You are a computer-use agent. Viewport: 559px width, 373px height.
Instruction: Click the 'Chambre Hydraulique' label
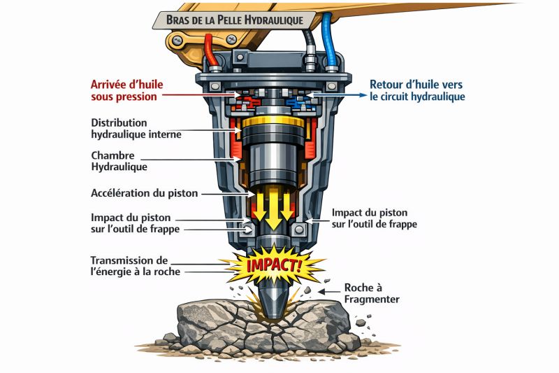[x=119, y=161]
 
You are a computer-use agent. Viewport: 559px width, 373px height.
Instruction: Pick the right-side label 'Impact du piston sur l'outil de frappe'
[x=375, y=218]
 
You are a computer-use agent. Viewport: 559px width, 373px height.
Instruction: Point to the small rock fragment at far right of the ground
[x=361, y=323]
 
